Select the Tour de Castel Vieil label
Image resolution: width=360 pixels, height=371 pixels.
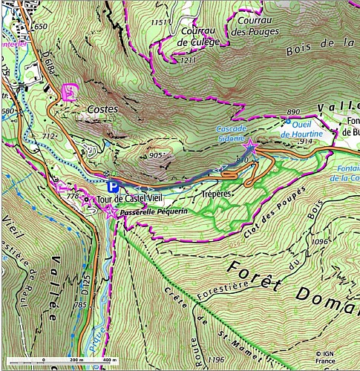(123, 199)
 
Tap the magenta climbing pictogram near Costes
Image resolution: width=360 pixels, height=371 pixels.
(69, 92)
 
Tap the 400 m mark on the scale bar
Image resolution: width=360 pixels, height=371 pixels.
(108, 360)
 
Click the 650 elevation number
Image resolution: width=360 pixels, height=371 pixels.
(41, 27)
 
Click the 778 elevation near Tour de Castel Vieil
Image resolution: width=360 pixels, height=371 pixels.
(73, 196)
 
